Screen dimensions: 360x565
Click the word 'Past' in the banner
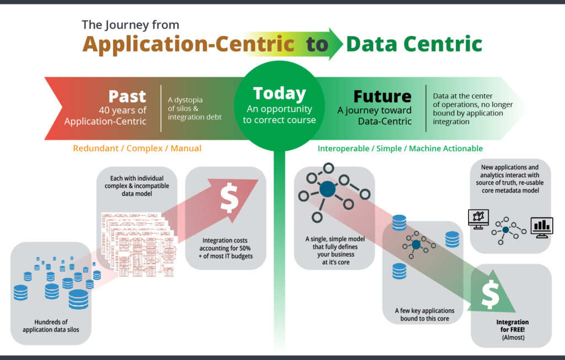(x=127, y=96)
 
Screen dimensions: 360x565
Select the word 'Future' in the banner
(x=382, y=96)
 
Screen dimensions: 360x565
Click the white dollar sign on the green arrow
(x=489, y=294)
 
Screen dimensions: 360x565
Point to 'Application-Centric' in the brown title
(x=188, y=44)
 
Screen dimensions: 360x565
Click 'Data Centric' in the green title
(x=414, y=44)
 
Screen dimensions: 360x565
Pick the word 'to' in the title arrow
(x=317, y=44)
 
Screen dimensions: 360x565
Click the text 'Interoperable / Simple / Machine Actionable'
(x=400, y=149)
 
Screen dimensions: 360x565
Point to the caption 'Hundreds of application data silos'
(x=50, y=325)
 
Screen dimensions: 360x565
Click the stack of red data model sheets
(x=138, y=243)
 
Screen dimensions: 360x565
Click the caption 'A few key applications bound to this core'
(x=422, y=314)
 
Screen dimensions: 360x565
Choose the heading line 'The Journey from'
(x=130, y=25)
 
